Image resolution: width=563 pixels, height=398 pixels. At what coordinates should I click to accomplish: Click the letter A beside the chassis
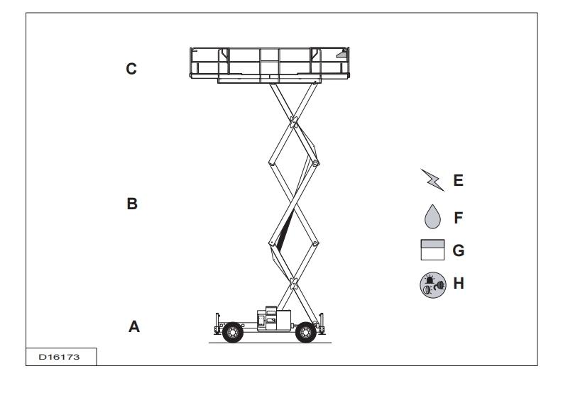(133, 327)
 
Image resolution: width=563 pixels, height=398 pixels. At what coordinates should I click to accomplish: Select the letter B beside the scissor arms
(131, 204)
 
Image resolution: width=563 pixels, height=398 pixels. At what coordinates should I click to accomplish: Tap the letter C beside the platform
(131, 70)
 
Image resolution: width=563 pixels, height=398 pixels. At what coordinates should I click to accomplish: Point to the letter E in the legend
(458, 181)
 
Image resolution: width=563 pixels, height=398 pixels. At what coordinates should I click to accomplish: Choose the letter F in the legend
(458, 216)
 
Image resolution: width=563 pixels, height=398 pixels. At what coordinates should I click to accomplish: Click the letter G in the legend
(459, 250)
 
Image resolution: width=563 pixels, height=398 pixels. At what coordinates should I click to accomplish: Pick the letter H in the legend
(459, 284)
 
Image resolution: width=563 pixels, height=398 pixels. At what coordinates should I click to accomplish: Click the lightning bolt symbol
(433, 182)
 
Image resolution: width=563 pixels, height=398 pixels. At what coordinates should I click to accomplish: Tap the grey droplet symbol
(433, 216)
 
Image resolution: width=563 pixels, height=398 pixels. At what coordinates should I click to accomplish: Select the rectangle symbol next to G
(433, 250)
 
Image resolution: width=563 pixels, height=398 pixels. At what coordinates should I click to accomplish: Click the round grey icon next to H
(433, 284)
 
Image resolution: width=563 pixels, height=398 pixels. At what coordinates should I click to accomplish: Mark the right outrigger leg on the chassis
(324, 322)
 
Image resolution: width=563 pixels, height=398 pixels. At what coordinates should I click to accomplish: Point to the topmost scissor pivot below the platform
(292, 121)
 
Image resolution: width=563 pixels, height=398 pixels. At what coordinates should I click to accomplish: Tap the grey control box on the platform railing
(343, 54)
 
